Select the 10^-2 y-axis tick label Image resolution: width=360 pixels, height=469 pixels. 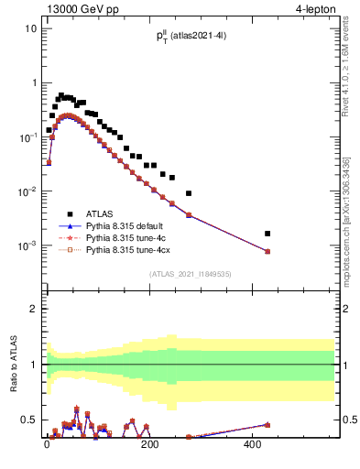pos(27,191)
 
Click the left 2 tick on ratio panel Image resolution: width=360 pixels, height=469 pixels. pos(34,309)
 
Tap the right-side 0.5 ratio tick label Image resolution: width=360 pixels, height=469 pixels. pos(348,420)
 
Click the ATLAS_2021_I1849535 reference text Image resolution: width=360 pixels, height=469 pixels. pos(189,274)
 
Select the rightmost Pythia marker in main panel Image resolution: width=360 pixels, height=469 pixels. pos(267,251)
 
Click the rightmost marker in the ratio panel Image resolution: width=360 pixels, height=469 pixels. pos(267,424)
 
